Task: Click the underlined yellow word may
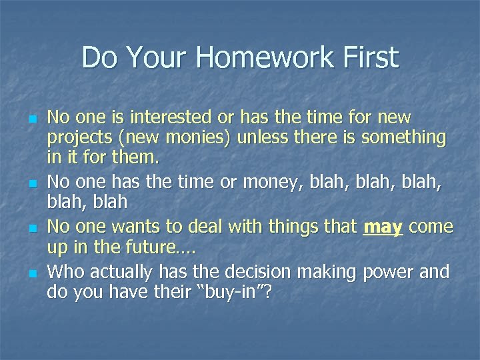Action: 383,227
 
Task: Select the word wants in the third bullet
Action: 148,227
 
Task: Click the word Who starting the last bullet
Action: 65,272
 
